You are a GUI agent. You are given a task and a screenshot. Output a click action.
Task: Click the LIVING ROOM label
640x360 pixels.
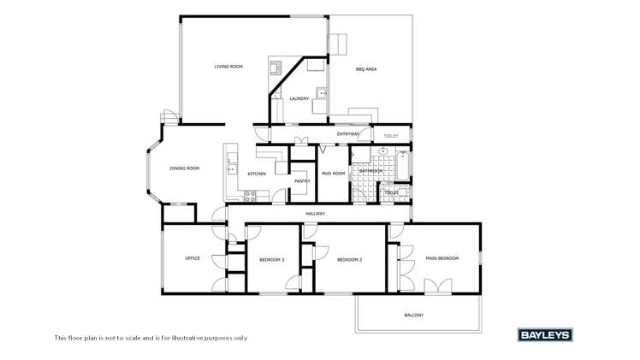[228, 67]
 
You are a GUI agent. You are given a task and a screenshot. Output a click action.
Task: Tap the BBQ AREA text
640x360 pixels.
[366, 69]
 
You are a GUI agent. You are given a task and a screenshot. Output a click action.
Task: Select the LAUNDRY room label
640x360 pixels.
[299, 99]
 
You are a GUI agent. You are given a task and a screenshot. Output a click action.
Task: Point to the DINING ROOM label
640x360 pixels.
[184, 168]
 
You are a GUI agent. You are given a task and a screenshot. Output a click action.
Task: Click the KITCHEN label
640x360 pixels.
[257, 174]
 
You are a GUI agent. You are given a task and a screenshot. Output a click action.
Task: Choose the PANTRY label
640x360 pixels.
[302, 181]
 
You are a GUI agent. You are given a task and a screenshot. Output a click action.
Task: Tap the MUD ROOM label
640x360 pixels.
[333, 174]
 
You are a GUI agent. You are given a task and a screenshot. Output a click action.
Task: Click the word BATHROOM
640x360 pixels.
[371, 171]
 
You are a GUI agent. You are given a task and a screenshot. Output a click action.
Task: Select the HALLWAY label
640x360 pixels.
[316, 213]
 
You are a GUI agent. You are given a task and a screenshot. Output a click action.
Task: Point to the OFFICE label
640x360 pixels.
[193, 258]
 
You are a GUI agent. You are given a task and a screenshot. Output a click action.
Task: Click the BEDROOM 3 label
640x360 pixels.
[272, 259]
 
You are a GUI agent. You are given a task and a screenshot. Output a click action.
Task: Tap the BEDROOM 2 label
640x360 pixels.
[349, 259]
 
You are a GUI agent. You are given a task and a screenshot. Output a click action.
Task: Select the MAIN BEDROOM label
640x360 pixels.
[442, 258]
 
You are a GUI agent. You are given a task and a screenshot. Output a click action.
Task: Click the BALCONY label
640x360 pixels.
[413, 316]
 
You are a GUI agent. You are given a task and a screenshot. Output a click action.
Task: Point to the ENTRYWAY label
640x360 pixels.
[348, 134]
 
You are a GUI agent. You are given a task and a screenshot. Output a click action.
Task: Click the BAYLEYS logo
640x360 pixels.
[544, 335]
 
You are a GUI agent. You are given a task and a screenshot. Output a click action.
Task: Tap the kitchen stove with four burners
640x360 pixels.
[251, 196]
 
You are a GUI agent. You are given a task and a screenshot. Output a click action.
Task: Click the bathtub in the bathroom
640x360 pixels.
[402, 165]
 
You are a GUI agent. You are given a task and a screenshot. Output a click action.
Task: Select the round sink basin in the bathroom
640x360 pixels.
[383, 152]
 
